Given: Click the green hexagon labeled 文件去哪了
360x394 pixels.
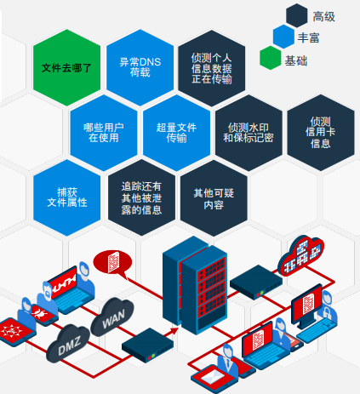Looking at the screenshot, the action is click(x=66, y=67).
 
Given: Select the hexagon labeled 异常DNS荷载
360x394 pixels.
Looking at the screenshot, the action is click(x=140, y=67).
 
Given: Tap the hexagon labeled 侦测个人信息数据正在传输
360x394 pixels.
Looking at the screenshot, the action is click(x=212, y=68).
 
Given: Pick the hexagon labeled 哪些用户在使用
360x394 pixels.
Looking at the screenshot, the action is click(x=104, y=133).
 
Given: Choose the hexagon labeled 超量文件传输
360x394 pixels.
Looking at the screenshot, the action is click(x=176, y=133).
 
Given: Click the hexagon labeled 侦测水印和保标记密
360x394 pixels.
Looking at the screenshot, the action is click(x=249, y=133).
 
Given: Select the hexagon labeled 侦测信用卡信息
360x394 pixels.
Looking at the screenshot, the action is click(x=321, y=133).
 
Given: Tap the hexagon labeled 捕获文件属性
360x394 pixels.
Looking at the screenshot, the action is click(x=67, y=197).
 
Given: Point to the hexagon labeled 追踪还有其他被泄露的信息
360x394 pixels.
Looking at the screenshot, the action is click(x=141, y=197).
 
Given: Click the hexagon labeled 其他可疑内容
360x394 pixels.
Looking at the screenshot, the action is click(x=214, y=198).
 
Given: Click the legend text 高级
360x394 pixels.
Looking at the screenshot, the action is click(x=323, y=17).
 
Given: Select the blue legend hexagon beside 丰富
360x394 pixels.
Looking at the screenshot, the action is click(x=283, y=37).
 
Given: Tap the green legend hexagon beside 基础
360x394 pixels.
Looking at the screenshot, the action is click(x=271, y=58).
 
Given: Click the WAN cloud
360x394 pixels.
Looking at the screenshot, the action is click(x=112, y=317).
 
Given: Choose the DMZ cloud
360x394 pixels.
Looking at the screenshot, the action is click(x=68, y=343).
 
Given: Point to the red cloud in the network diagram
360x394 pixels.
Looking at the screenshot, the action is click(x=300, y=255).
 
